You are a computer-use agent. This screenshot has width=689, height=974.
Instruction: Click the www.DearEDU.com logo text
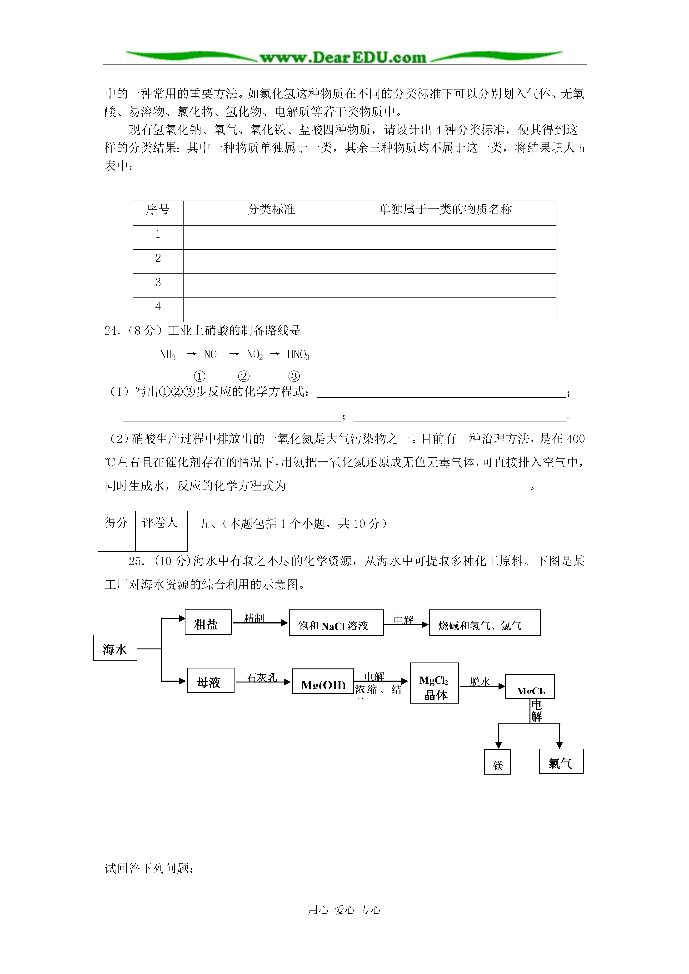click(343, 57)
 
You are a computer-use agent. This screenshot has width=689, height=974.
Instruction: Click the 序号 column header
click(158, 210)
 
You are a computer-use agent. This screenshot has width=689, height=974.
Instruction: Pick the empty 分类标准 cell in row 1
click(253, 237)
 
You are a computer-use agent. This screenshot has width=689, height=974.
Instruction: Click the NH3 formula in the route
click(168, 355)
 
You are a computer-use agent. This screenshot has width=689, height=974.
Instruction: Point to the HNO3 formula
click(298, 355)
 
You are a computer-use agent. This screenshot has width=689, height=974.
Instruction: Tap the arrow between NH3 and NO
click(191, 354)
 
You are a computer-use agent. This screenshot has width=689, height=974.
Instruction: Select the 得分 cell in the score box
click(116, 523)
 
